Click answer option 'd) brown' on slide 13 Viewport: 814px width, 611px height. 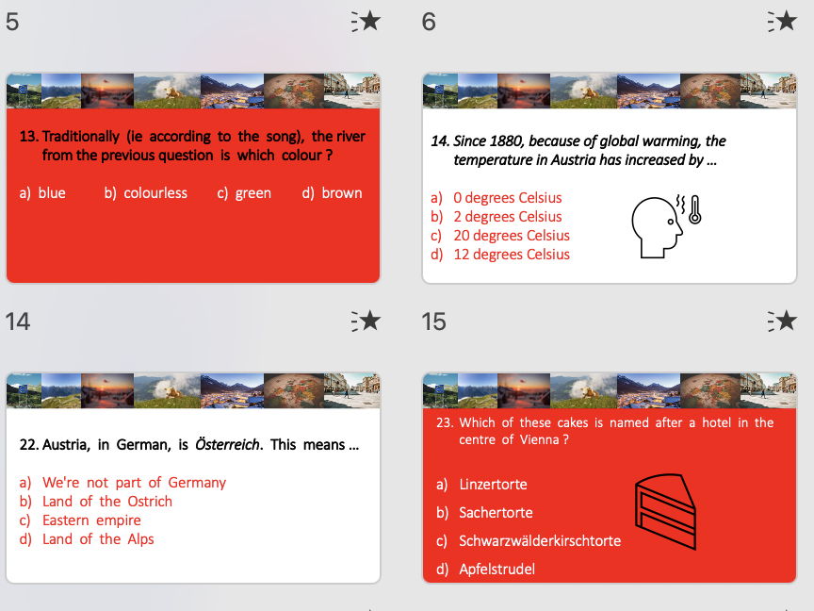(332, 193)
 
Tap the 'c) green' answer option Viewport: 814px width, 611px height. (244, 193)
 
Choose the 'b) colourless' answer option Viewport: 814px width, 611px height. (146, 193)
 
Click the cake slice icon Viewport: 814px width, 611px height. (664, 511)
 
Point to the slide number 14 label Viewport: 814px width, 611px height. (18, 322)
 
